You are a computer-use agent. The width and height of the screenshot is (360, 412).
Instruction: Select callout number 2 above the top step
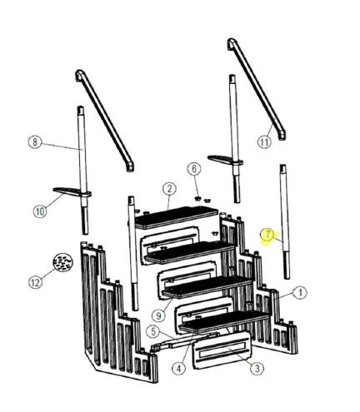pos(168,189)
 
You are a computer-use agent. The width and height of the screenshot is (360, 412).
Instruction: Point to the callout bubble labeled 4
pos(179,367)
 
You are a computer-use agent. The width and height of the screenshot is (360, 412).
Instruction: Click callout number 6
pos(194,169)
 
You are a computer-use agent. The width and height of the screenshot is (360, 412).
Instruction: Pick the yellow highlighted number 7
pos(267,236)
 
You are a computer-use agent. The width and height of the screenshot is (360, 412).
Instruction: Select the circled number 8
pos(34,142)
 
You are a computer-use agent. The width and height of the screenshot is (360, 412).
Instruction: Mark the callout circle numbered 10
pos(39,211)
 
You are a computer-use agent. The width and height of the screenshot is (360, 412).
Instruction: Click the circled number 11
pos(264,141)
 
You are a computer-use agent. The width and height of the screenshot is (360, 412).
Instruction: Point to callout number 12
pos(34,282)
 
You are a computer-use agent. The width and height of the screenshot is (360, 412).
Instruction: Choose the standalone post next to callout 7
pos(285,221)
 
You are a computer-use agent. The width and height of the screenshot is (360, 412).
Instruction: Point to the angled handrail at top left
pos(104,117)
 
